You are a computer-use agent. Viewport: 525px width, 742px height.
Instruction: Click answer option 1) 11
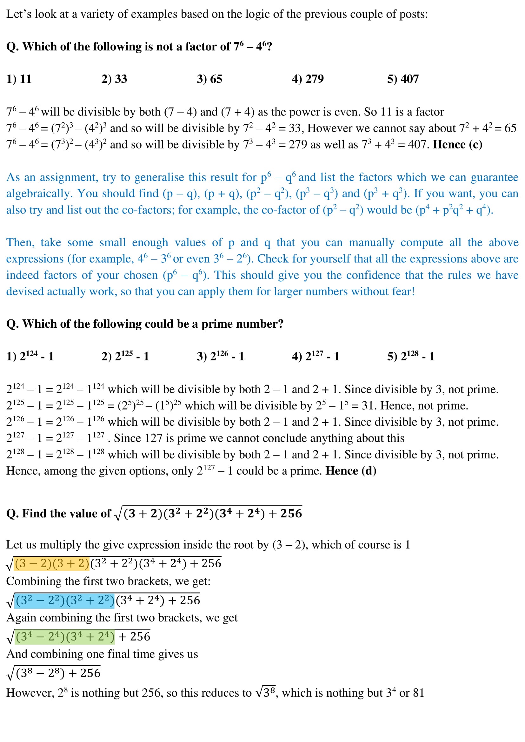tap(19, 79)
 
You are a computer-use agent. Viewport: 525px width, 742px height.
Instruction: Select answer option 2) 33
tap(114, 79)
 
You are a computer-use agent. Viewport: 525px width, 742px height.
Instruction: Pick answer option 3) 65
tap(209, 79)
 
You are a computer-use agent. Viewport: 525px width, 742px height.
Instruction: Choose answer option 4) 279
tap(308, 79)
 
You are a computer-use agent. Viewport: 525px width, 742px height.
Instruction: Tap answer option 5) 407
tap(403, 79)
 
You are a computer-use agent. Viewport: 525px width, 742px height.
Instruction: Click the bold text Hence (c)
tap(457, 144)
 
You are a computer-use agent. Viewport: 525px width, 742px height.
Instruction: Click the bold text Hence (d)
tap(351, 471)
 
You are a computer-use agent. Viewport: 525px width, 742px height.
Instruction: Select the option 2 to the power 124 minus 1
tap(30, 356)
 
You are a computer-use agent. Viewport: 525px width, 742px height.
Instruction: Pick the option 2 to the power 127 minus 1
tap(316, 356)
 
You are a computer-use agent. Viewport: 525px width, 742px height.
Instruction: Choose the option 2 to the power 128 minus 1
tap(411, 356)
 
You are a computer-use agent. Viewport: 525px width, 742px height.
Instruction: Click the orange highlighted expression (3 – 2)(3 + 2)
tap(52, 563)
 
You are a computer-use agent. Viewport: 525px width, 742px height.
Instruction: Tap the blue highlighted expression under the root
tap(65, 600)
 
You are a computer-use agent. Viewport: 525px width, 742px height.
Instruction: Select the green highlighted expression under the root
tap(65, 637)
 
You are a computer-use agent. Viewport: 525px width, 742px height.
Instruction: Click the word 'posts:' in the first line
tap(414, 14)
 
